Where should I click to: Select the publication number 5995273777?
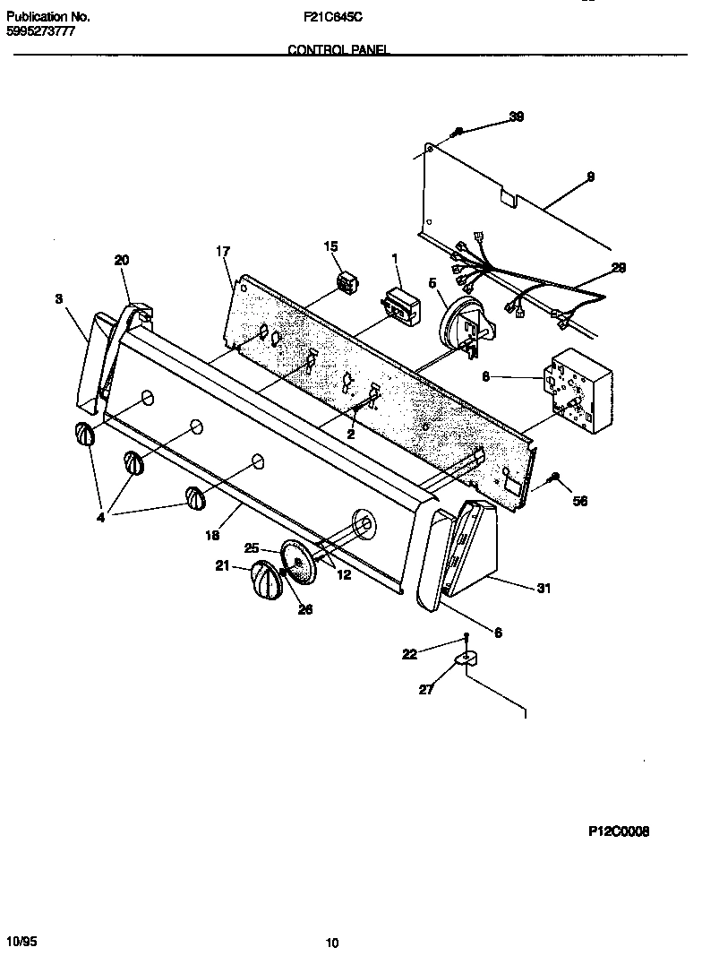point(40,31)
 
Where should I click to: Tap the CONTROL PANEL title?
point(338,51)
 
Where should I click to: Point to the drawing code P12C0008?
point(618,831)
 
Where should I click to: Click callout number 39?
point(517,116)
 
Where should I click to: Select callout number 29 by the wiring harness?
point(618,268)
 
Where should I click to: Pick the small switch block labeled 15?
point(345,283)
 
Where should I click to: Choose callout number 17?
point(223,252)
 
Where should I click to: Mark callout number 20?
point(122,260)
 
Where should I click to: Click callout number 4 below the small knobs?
point(100,517)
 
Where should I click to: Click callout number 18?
point(212,535)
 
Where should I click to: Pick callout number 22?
point(409,654)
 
